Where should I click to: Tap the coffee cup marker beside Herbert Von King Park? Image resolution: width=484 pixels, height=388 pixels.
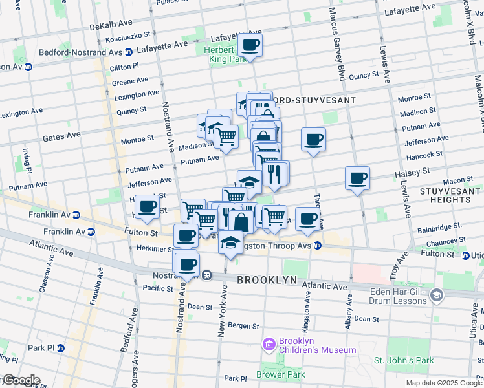tap(250, 45)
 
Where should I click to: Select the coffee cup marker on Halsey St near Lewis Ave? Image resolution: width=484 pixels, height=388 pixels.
tap(357, 178)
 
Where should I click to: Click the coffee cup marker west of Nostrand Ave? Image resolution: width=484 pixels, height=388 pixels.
tap(148, 207)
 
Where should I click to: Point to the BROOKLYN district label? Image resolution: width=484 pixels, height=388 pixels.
tap(266, 280)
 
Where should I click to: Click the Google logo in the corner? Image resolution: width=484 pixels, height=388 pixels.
tap(21, 380)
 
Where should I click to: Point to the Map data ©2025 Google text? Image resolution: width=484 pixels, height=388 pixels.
tap(443, 383)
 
